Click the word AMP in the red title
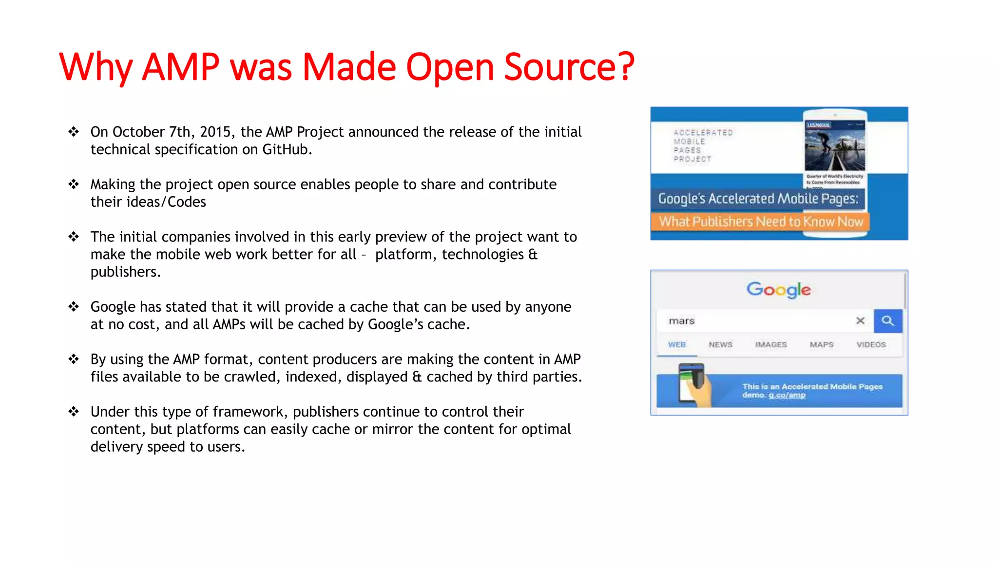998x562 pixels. tap(180, 67)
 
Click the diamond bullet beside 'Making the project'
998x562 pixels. tap(74, 184)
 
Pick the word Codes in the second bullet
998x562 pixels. tap(187, 202)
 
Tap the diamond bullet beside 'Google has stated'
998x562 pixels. tap(74, 307)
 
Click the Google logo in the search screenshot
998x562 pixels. tap(778, 290)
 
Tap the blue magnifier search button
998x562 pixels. tap(887, 321)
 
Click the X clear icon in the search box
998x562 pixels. tap(860, 321)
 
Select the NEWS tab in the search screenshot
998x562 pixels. tap(720, 344)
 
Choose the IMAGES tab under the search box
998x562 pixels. tap(770, 344)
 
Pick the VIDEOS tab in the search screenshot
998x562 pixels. tap(871, 344)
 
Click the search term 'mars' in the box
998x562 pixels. tap(681, 321)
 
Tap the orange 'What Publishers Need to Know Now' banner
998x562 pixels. tap(761, 221)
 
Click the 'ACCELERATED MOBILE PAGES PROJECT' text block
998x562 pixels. tap(702, 145)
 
